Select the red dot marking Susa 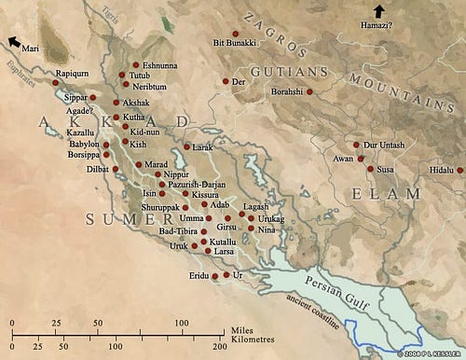(370, 169)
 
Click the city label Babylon (81, 145)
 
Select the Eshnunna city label (149, 65)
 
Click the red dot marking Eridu (215, 277)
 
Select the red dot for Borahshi (310, 93)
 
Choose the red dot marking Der (226, 82)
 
